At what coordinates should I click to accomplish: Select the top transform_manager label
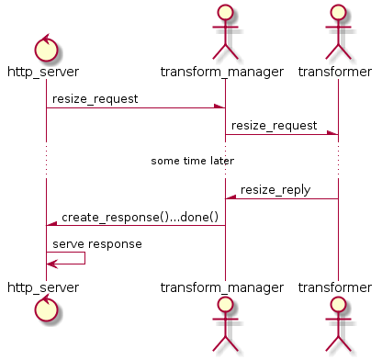tap(225, 72)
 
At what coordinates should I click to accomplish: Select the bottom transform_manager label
tap(225, 287)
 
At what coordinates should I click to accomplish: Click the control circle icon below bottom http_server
tap(46, 311)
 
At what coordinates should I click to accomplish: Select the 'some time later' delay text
tap(192, 161)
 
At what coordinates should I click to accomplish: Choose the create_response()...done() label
tap(140, 217)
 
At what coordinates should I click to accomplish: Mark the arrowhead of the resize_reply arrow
tap(230, 198)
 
